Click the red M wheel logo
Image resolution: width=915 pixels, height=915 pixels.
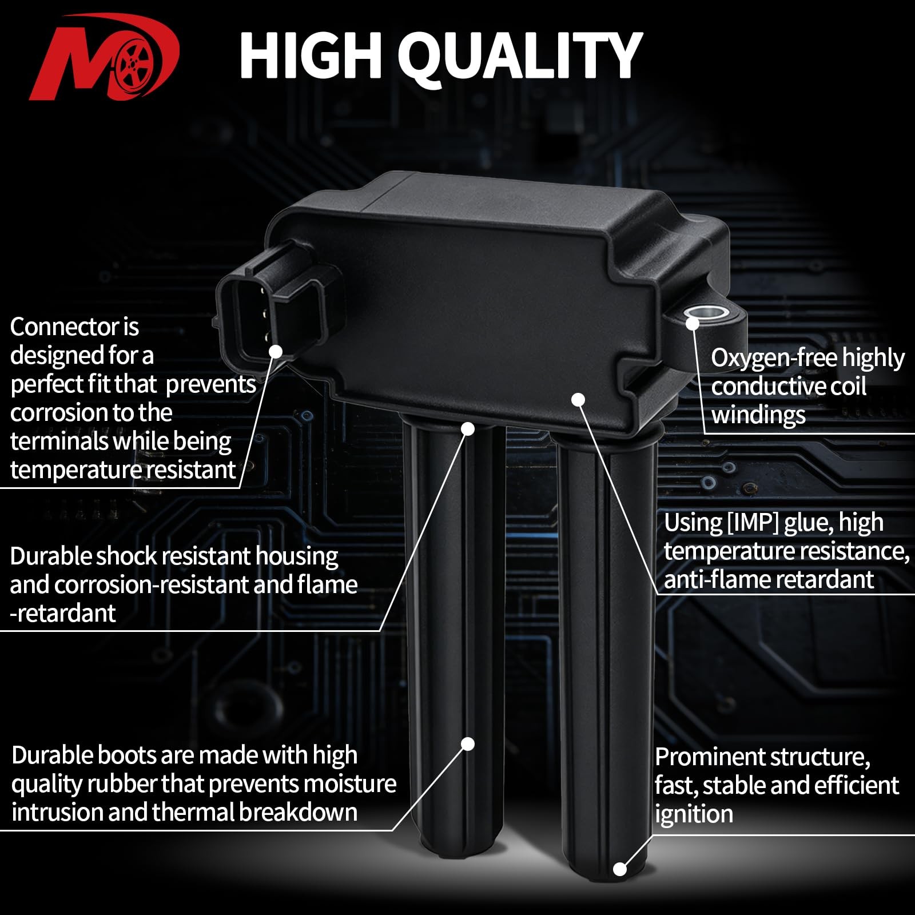105,57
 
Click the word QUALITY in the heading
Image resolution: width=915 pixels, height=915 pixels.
520,56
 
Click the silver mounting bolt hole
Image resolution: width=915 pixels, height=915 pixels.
707,313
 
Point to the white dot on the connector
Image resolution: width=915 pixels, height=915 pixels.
276,351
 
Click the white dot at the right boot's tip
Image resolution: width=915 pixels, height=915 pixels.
619,869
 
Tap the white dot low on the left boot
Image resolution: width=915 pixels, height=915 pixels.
468,743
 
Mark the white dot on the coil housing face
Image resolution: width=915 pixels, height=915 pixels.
579,399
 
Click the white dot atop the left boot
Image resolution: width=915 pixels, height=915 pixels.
468,428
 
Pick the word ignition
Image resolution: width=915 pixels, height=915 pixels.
694,814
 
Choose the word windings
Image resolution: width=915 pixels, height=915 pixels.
758,415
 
